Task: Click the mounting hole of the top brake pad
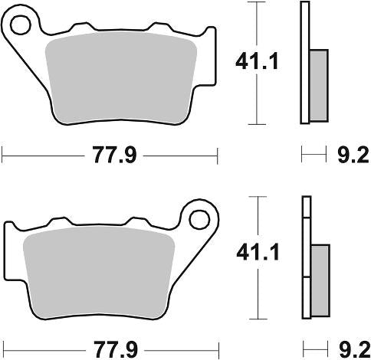21,25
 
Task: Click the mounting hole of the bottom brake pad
199,220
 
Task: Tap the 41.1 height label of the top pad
257,61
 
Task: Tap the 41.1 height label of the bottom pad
258,253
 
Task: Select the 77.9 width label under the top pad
114,155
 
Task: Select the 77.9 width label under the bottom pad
116,349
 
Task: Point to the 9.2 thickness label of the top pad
353,155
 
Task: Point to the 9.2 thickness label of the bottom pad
355,349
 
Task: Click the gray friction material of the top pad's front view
121,77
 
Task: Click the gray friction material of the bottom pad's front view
99,272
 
